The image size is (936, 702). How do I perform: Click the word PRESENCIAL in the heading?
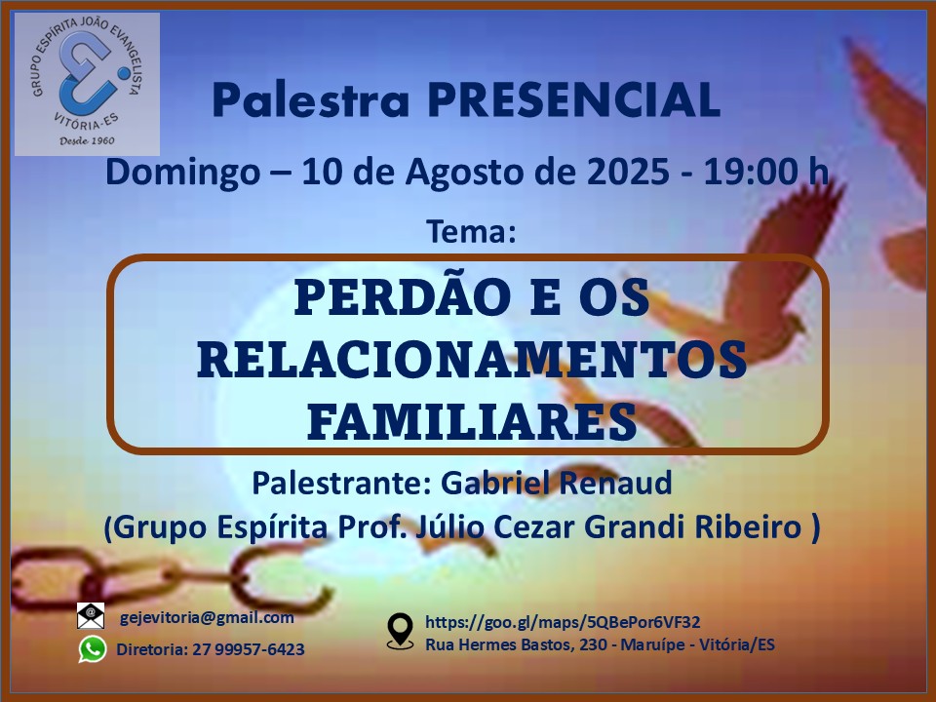[573, 99]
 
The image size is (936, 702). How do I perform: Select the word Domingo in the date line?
[182, 174]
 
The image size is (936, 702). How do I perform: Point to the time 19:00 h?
[766, 172]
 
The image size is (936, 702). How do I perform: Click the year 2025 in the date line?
[628, 172]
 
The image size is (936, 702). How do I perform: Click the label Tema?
[470, 232]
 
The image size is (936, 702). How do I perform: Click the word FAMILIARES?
[472, 421]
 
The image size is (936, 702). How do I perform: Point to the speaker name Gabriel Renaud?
[557, 483]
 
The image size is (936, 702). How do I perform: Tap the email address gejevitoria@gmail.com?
[207, 618]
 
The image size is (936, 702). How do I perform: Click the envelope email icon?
[91, 616]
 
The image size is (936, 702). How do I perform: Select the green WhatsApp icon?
[93, 649]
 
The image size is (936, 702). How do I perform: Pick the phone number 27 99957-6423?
[249, 649]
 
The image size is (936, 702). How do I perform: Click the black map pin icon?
[400, 632]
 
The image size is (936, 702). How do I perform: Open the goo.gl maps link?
[563, 623]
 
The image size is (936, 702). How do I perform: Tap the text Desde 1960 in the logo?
[87, 140]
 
